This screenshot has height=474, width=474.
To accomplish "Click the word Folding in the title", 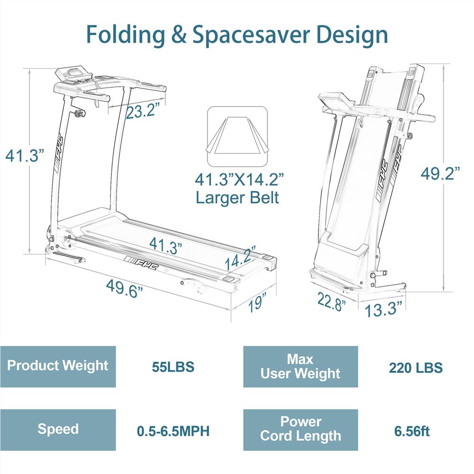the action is click(126, 35).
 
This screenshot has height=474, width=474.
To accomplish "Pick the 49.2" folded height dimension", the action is click(440, 173).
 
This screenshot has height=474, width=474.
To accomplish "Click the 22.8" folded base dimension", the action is click(331, 301).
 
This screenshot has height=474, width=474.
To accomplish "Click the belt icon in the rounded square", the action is click(237, 137).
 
